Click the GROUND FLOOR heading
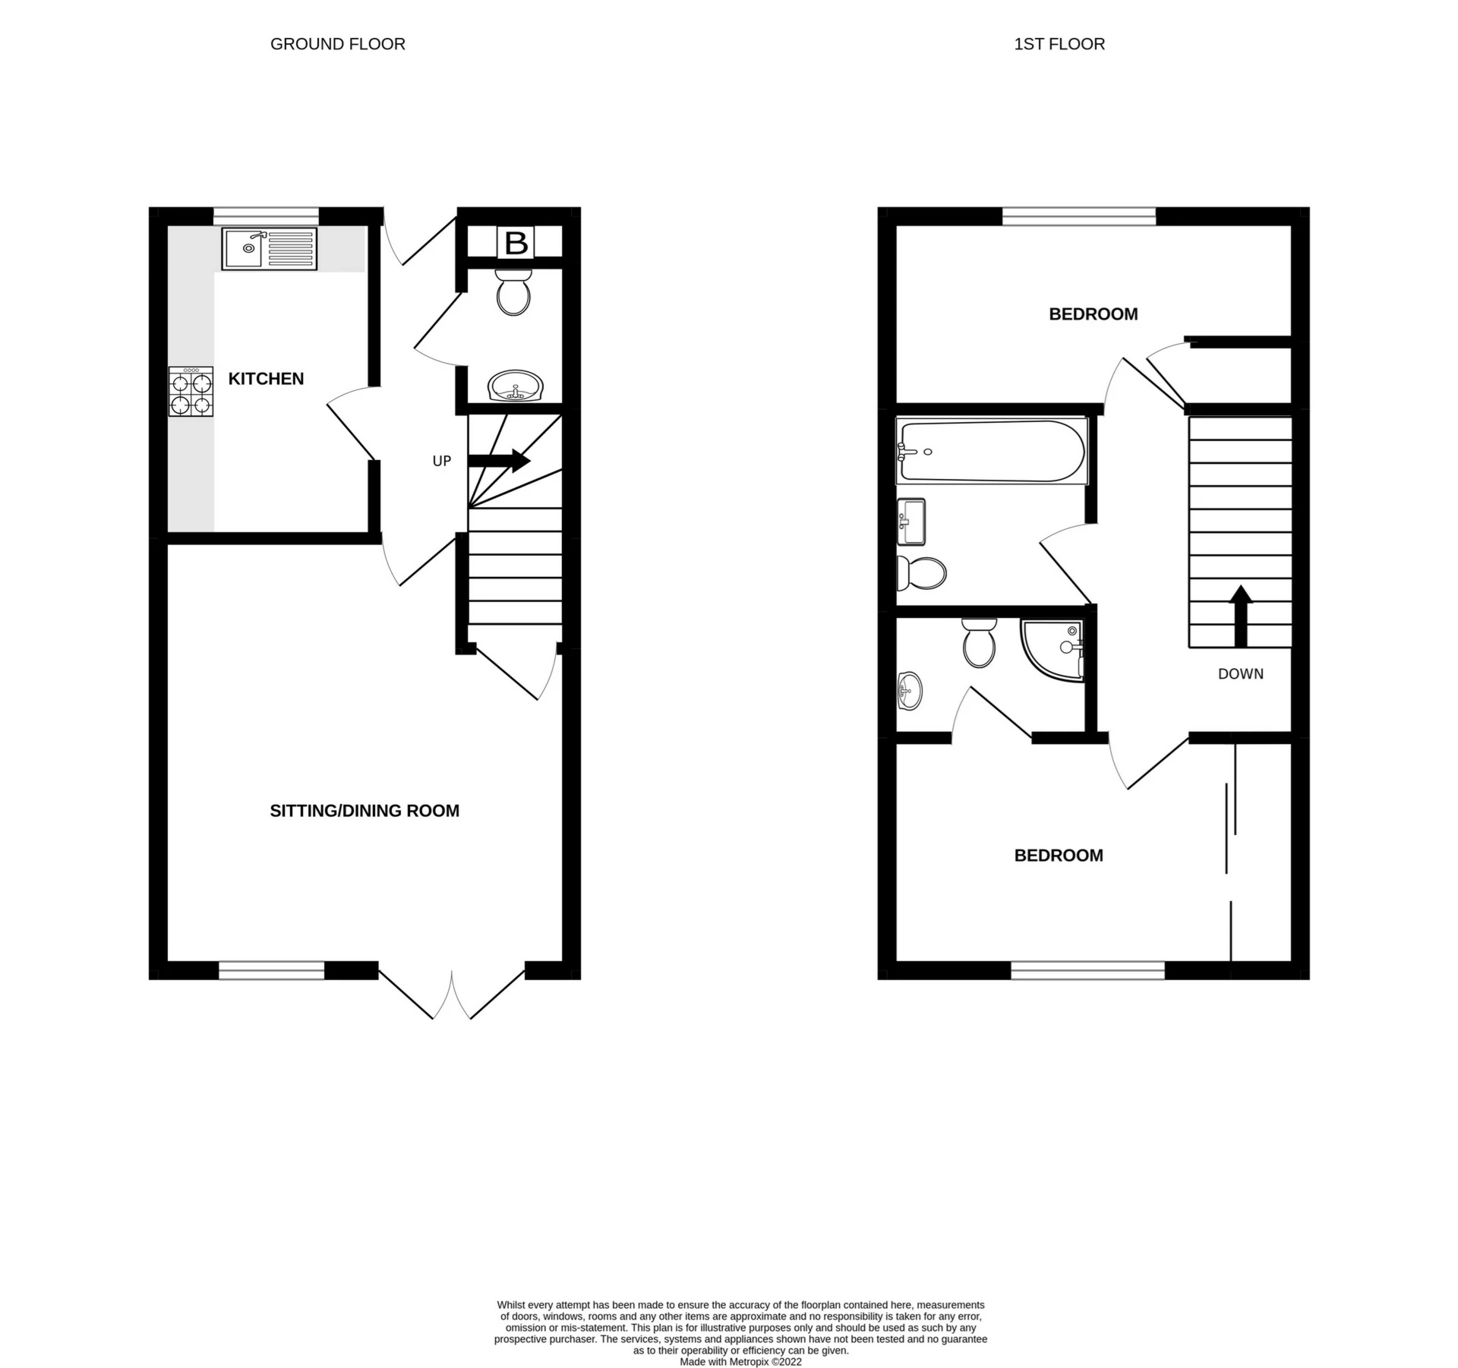[x=338, y=44]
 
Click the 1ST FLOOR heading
[x=1059, y=44]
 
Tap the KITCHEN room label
[x=266, y=378]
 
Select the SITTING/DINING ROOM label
[x=364, y=811]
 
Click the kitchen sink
[x=270, y=249]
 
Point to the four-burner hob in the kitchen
[x=191, y=392]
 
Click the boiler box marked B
[x=516, y=243]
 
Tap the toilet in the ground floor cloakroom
[x=513, y=292]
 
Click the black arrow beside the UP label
[x=499, y=460]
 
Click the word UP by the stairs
[x=442, y=461]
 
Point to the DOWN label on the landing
[x=1241, y=673]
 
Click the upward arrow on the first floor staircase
[x=1241, y=616]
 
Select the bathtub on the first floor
[x=992, y=451]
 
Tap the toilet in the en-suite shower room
[x=979, y=642]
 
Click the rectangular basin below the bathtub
[x=911, y=522]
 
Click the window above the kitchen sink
[x=266, y=216]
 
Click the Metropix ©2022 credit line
[x=740, y=1362]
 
